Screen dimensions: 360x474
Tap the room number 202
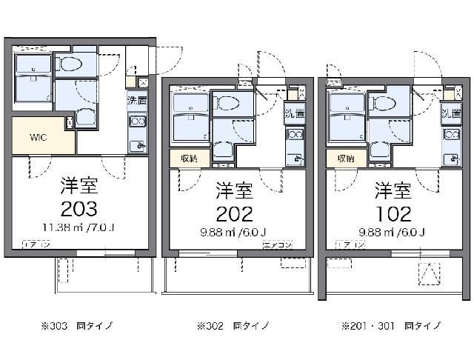[x=234, y=213]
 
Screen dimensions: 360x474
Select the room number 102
[x=393, y=213]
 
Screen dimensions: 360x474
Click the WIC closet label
[x=39, y=137]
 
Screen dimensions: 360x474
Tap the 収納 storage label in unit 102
[x=345, y=158]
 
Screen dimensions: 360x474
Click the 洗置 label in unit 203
[x=136, y=101]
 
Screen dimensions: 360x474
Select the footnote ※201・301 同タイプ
[x=390, y=325]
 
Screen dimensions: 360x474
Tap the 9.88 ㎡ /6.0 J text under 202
[x=234, y=233]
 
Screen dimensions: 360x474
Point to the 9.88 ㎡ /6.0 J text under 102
[x=393, y=233]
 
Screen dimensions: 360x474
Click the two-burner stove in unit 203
[x=136, y=122]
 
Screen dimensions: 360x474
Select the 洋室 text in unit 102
[x=393, y=190]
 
